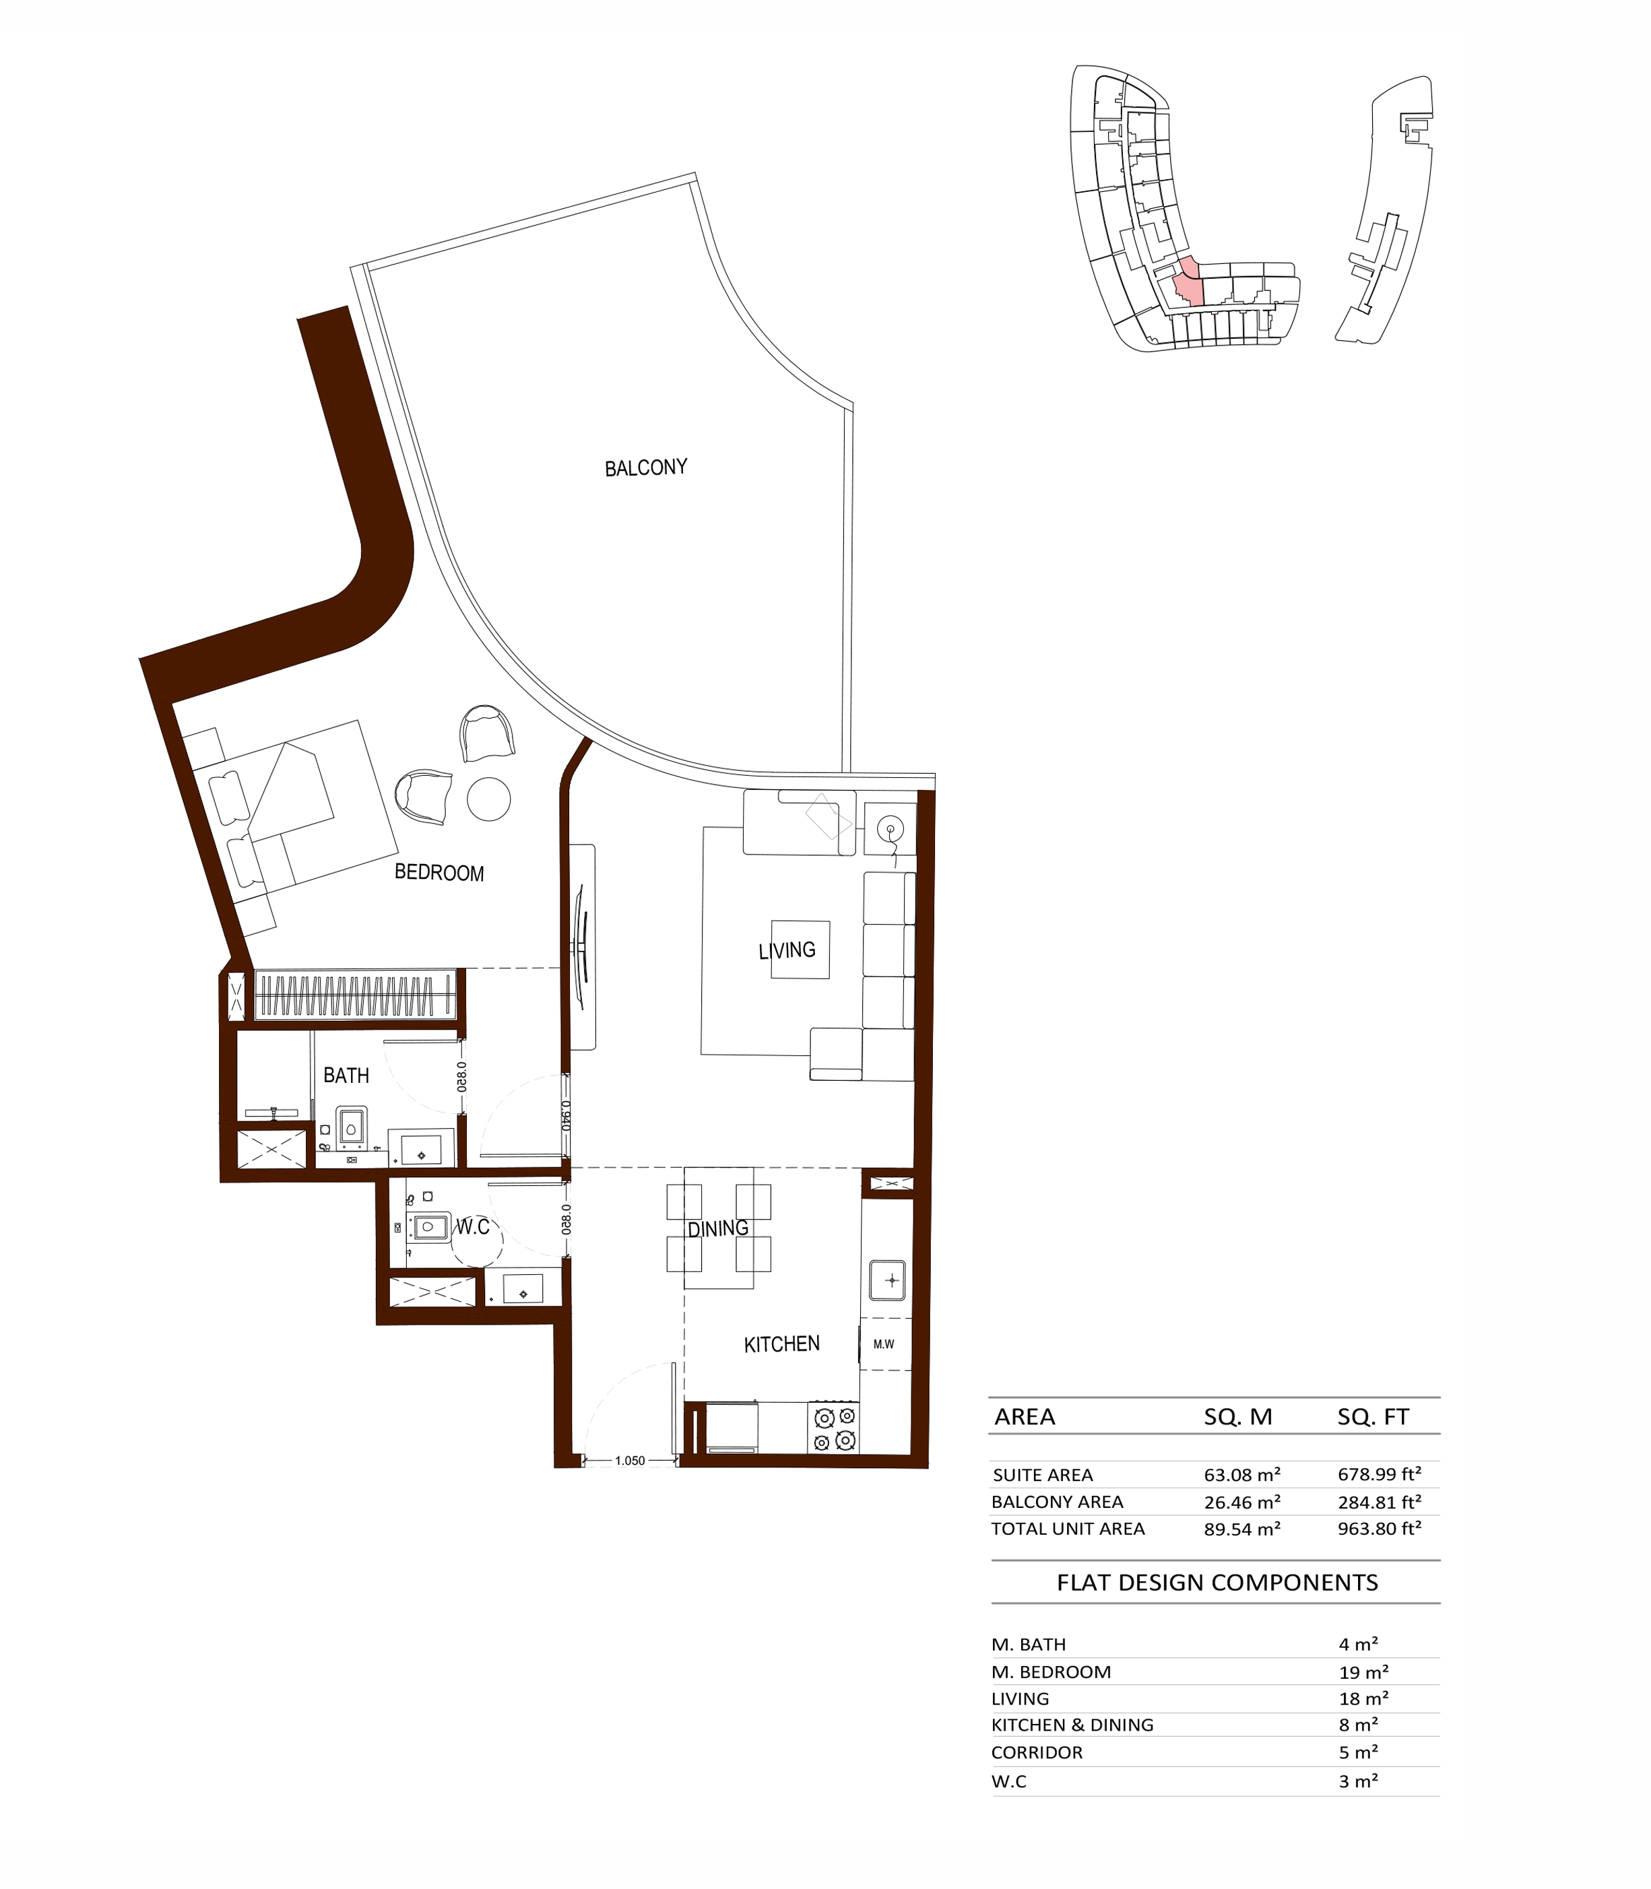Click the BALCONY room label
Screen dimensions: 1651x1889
(x=646, y=468)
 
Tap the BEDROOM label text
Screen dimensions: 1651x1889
(x=439, y=872)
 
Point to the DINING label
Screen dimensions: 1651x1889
(x=717, y=1228)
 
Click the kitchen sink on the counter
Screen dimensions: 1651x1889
(x=888, y=1280)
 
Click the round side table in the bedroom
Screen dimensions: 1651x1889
(x=488, y=799)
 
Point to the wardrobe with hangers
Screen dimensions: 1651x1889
(x=355, y=995)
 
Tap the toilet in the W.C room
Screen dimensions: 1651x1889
(x=428, y=1226)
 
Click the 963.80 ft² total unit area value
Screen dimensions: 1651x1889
(x=1380, y=1529)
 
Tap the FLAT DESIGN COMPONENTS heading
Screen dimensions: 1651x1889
(x=1217, y=1583)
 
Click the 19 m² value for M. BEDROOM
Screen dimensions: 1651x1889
(x=1363, y=1671)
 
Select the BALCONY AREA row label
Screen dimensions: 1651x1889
(x=1057, y=1502)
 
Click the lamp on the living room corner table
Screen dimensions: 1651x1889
(x=890, y=830)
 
